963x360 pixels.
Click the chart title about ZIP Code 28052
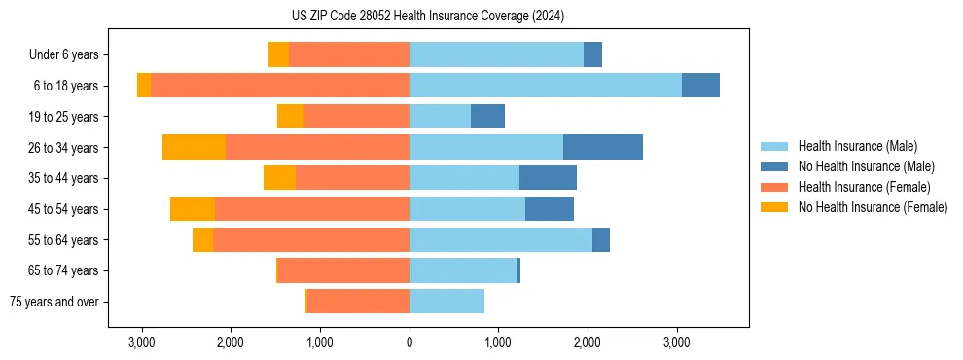coord(427,16)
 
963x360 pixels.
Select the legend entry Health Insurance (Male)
coord(857,146)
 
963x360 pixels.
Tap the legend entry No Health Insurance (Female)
coord(873,207)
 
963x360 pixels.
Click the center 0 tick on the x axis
coord(410,342)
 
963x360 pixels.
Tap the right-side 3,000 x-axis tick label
coord(677,342)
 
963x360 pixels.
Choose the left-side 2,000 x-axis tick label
coord(231,342)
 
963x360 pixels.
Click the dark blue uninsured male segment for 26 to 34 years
coord(603,147)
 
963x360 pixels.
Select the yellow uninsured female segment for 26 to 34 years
coord(194,147)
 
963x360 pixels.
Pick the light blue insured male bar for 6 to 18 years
coord(545,86)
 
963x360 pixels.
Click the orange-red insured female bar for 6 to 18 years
coord(280,86)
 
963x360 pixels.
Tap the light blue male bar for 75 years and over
coord(446,302)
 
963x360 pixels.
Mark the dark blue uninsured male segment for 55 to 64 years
coord(601,239)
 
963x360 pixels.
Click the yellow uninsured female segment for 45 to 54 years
coord(193,209)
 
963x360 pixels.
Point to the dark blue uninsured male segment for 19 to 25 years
coord(487,117)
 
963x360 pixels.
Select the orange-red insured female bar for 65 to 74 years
coord(344,270)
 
